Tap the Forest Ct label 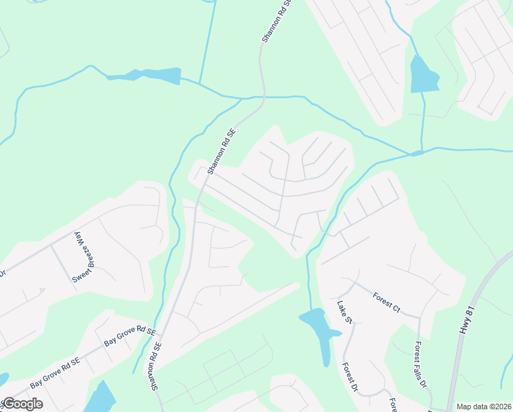(386, 301)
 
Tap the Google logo (23, 404)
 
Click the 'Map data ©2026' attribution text (484, 407)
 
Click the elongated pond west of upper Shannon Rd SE (147, 75)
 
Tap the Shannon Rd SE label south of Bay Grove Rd (156, 367)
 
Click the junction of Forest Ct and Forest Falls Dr (418, 317)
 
